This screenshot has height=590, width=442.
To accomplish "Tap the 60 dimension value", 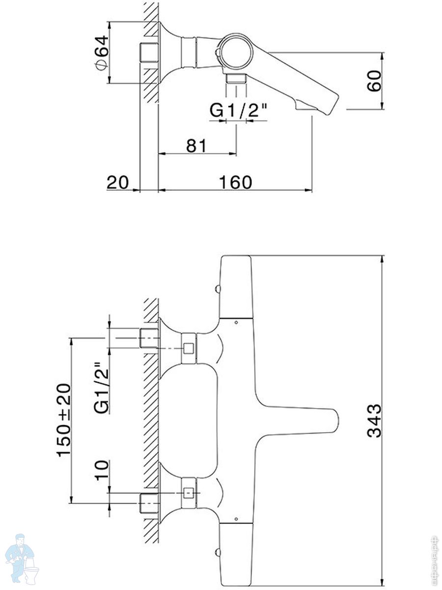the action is pos(374,81).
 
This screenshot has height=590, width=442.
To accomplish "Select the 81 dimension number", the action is pos(197,146).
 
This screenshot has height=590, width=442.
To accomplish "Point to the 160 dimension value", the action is pos(236,182).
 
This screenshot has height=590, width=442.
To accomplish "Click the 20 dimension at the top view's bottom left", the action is pos(118,182).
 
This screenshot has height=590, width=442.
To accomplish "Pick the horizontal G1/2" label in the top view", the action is pos(238,110).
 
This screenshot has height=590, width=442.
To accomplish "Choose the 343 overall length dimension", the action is pos(374,421).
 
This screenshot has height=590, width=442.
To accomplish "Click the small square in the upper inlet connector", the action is pos(189,349).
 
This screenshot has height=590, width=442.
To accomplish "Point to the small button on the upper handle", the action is pos(218,290).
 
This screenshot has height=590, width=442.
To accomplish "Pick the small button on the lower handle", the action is pos(218,553).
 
